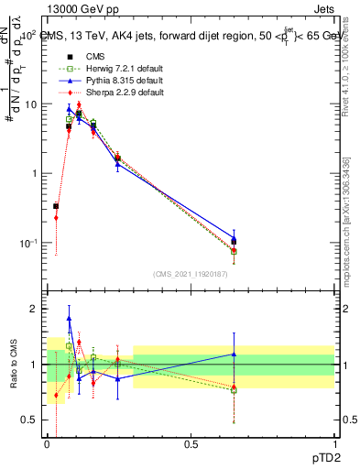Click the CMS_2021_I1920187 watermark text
pyautogui.click(x=191, y=273)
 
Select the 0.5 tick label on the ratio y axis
pyautogui.click(x=32, y=420)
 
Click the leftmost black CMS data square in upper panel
pyautogui.click(x=56, y=206)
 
